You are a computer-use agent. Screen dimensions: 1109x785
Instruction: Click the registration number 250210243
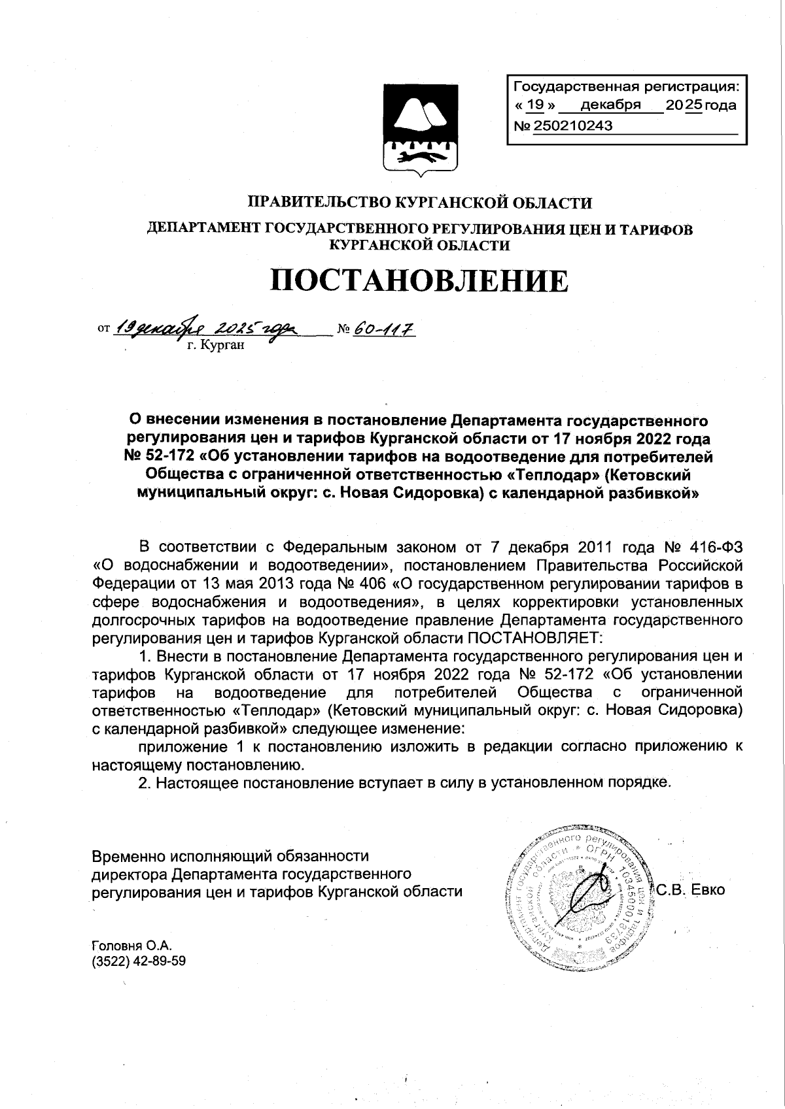(573, 126)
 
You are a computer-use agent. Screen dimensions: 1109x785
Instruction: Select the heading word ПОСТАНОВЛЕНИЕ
(419, 281)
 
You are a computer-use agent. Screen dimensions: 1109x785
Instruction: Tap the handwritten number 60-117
(385, 327)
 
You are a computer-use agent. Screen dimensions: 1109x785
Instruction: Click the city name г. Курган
(215, 344)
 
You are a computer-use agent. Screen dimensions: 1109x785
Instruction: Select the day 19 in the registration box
(535, 105)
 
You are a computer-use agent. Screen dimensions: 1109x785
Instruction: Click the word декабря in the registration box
(610, 105)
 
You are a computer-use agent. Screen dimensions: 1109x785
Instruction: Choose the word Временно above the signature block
(128, 856)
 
